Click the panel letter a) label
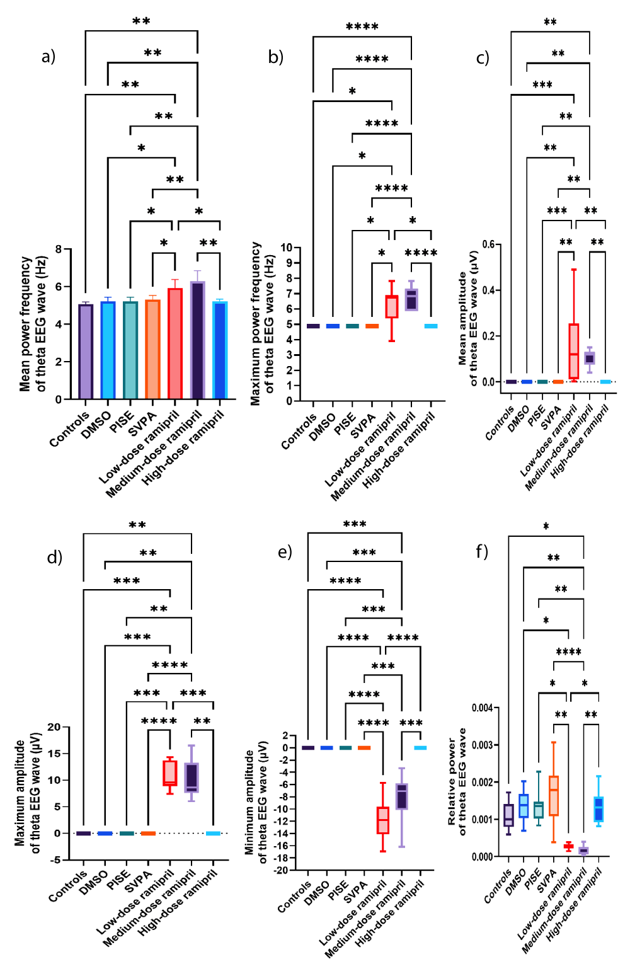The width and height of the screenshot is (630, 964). pyautogui.click(x=49, y=57)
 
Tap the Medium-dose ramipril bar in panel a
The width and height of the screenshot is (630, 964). pyautogui.click(x=197, y=340)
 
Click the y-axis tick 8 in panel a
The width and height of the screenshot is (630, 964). pyautogui.click(x=59, y=250)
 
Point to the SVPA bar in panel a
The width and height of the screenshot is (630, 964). pyautogui.click(x=152, y=349)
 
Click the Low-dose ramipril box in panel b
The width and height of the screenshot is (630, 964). pyautogui.click(x=392, y=307)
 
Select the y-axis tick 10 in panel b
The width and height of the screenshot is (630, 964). pyautogui.click(x=286, y=248)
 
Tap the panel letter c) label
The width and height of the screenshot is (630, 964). pyautogui.click(x=483, y=58)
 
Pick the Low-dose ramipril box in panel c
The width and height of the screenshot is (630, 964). pyautogui.click(x=574, y=351)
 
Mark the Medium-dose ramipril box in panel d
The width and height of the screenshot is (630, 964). pyautogui.click(x=192, y=778)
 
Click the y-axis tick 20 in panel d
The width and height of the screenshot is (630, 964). pyautogui.click(x=54, y=727)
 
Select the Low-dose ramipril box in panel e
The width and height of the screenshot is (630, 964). pyautogui.click(x=383, y=820)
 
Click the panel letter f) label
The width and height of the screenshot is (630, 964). pyautogui.click(x=482, y=552)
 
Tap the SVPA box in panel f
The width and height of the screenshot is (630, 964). pyautogui.click(x=554, y=796)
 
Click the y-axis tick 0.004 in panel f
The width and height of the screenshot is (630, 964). pyautogui.click(x=482, y=708)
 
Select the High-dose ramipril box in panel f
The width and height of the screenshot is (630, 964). pyautogui.click(x=598, y=809)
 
